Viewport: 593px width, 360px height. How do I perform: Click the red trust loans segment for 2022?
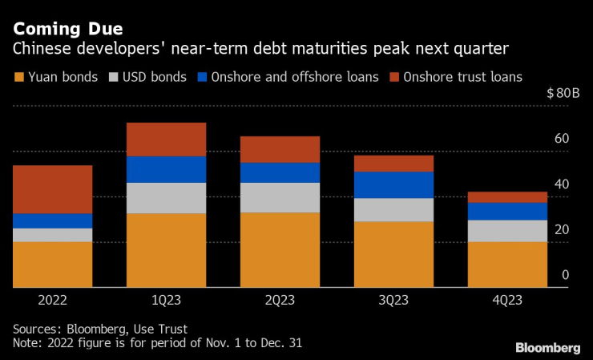[x=52, y=189]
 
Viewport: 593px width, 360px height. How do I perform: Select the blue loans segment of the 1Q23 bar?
[x=167, y=169]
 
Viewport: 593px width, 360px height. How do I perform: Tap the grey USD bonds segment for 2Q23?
[x=280, y=197]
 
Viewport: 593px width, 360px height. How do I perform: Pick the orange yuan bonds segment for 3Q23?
[x=394, y=253]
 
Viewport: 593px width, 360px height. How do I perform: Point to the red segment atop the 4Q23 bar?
[x=508, y=197]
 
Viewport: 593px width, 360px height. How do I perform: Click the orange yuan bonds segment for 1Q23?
[x=167, y=249]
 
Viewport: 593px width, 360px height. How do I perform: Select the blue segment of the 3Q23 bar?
[x=394, y=184]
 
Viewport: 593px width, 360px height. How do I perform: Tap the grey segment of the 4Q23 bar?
[x=508, y=230]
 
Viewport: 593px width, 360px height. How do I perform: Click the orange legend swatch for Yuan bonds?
[x=19, y=78]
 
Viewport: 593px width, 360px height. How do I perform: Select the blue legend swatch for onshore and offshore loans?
[x=203, y=78]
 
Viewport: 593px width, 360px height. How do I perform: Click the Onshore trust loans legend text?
[x=463, y=78]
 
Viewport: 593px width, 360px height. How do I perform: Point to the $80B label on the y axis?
[x=563, y=93]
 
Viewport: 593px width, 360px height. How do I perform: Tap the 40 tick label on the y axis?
[x=562, y=184]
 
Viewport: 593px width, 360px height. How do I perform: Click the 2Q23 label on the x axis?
[x=280, y=301]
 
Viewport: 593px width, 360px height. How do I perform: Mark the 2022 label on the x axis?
[x=52, y=301]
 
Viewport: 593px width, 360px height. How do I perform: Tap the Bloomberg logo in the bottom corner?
[x=547, y=347]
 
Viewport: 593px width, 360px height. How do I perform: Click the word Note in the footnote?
[x=26, y=343]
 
